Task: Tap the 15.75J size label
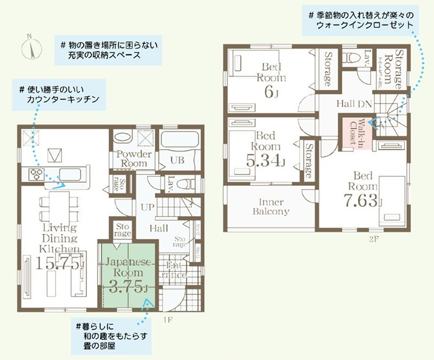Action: (59, 263)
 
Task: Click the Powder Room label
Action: (133, 159)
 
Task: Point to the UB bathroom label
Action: (177, 161)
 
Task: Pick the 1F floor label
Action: (168, 318)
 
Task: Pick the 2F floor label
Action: (374, 238)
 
